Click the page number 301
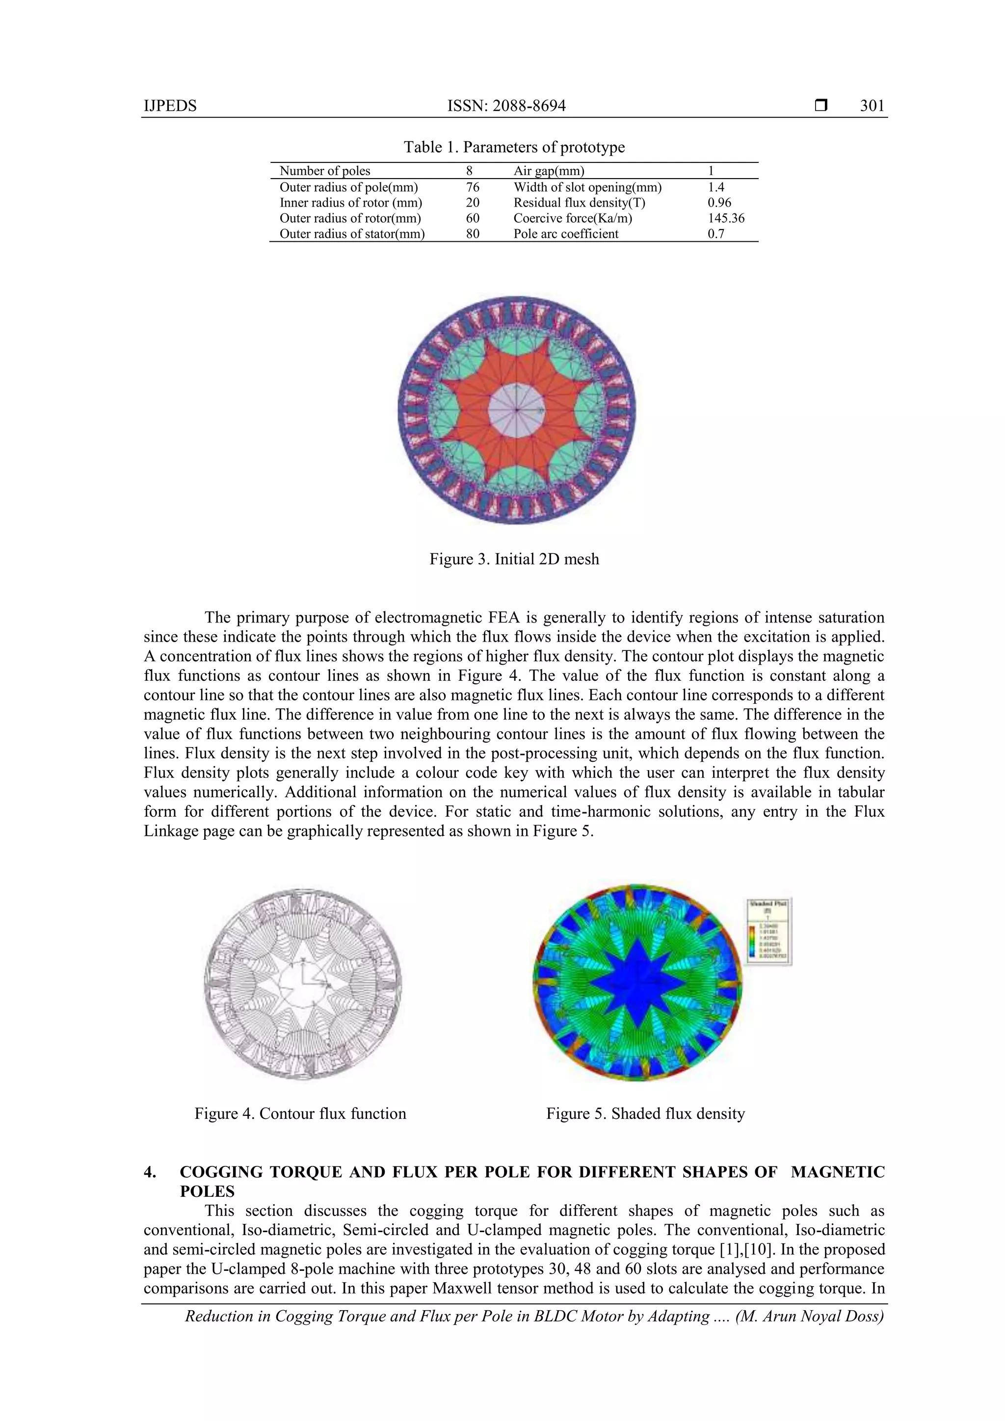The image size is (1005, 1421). point(872,106)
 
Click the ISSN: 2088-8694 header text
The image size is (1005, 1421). point(506,106)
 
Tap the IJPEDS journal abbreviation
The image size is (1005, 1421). point(170,106)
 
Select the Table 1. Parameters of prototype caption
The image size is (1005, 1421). point(514,147)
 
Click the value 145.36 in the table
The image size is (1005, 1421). point(726,218)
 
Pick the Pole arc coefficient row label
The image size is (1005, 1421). point(565,234)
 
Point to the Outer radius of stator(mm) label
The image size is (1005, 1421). point(352,234)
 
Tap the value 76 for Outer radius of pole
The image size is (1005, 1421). point(473,187)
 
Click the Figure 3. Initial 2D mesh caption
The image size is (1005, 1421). point(514,560)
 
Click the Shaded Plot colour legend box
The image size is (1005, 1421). point(768,931)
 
